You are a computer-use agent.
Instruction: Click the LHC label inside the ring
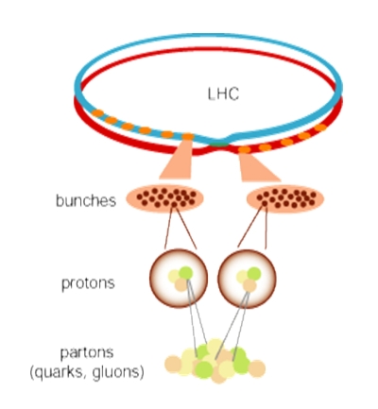[x=223, y=94]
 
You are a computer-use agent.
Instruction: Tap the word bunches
[x=86, y=200]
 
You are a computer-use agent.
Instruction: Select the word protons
[x=88, y=283]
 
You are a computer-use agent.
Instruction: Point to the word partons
[x=87, y=353]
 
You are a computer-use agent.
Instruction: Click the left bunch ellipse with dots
[x=164, y=198]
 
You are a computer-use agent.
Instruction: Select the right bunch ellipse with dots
[x=285, y=198]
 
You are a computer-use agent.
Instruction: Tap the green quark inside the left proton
[x=185, y=273]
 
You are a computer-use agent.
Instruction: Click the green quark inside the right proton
[x=254, y=274]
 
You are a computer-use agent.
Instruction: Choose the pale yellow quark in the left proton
[x=174, y=277]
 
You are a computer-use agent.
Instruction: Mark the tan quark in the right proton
[x=249, y=286]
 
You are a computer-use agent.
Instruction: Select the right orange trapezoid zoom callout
[x=257, y=167]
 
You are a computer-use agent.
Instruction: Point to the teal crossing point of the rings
[x=219, y=144]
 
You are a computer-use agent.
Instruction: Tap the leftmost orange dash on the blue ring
[x=97, y=113]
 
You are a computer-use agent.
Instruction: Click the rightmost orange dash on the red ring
[x=320, y=128]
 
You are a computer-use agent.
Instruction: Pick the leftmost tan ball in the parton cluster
[x=173, y=365]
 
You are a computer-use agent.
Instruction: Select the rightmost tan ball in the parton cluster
[x=257, y=368]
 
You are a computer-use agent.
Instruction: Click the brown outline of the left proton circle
[x=150, y=279]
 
